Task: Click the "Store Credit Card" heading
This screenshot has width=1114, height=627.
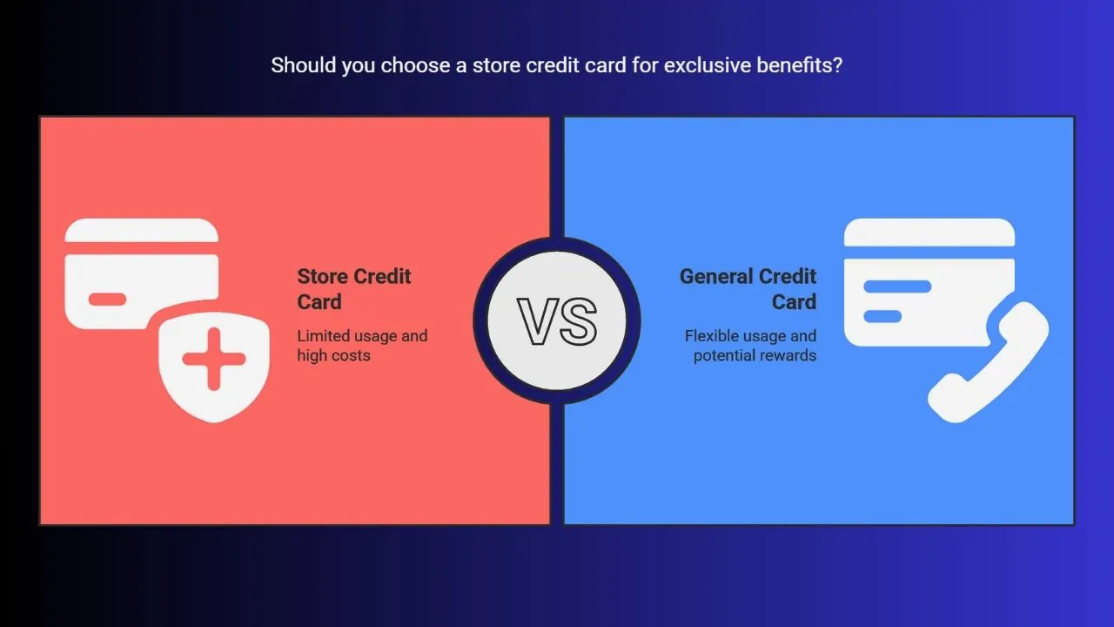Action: tap(354, 289)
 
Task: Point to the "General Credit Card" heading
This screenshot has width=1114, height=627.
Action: tap(748, 289)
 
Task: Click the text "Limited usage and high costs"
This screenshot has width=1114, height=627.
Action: tap(362, 346)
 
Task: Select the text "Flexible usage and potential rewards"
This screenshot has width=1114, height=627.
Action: tap(750, 346)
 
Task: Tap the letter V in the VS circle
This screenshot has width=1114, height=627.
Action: tap(538, 321)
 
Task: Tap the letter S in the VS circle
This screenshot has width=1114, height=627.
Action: tap(577, 321)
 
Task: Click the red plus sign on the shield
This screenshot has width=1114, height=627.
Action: tap(214, 359)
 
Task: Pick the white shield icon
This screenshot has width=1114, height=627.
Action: tap(214, 367)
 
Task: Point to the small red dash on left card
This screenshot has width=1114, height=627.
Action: tap(107, 299)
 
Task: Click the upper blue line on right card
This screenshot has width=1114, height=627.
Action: tap(897, 287)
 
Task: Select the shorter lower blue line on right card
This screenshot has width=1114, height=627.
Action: tap(882, 316)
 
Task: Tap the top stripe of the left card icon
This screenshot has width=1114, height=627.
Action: tap(142, 231)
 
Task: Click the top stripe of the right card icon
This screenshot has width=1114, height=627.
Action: tap(929, 232)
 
